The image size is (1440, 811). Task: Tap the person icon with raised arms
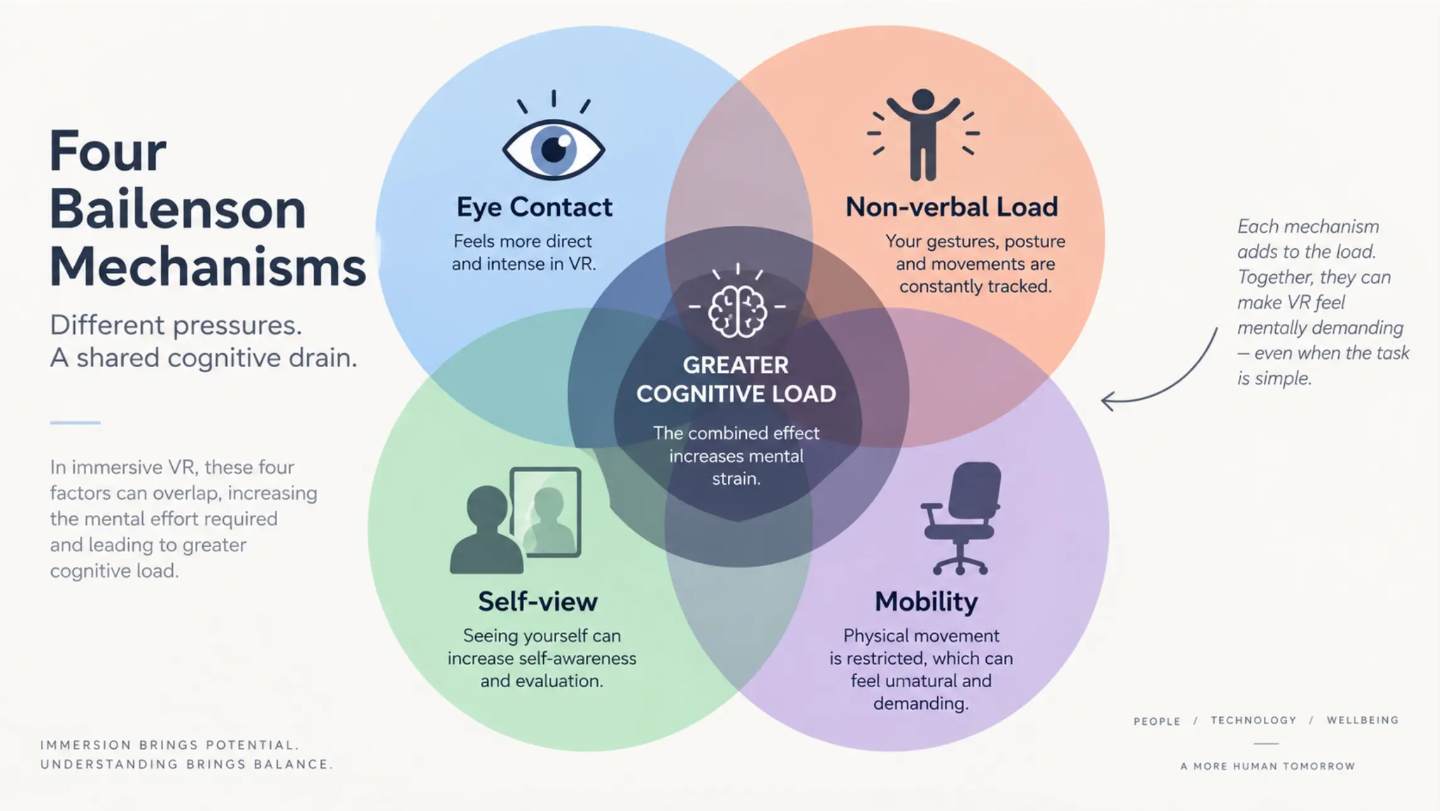click(x=923, y=135)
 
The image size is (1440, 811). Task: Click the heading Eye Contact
click(x=534, y=207)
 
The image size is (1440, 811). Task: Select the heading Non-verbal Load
click(x=952, y=207)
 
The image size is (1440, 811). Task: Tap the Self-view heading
click(x=538, y=602)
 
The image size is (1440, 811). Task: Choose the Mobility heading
click(x=926, y=602)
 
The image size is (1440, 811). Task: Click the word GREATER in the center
click(x=735, y=365)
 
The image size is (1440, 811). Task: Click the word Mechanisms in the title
click(x=207, y=267)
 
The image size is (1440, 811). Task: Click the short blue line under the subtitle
click(x=75, y=422)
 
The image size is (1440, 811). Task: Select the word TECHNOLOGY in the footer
click(x=1253, y=720)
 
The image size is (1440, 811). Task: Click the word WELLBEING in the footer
click(x=1363, y=720)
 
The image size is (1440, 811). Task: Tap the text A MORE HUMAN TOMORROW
click(x=1267, y=766)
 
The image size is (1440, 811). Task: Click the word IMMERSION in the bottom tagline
click(x=85, y=746)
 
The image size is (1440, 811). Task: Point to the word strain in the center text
click(x=736, y=479)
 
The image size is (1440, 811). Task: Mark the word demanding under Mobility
click(x=921, y=703)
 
